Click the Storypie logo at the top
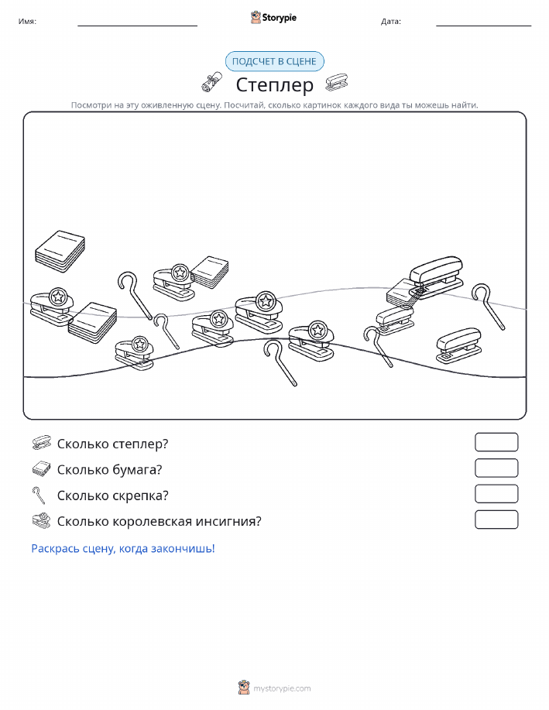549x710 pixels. [273, 18]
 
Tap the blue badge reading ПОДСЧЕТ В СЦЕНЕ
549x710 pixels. [274, 62]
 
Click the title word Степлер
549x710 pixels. [274, 84]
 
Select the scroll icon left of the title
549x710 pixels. [212, 82]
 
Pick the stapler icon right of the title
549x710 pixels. [337, 82]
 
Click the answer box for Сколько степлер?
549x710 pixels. [496, 442]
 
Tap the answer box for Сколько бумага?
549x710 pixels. [496, 468]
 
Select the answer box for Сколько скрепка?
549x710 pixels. [496, 494]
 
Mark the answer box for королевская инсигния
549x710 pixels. [496, 520]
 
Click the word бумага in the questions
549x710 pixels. [137, 470]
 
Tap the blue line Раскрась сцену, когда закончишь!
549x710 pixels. [123, 548]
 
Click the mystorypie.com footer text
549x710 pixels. [282, 688]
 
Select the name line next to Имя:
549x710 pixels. [137, 26]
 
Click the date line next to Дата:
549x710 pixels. [483, 26]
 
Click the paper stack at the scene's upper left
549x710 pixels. [60, 252]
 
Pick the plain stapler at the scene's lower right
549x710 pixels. [458, 345]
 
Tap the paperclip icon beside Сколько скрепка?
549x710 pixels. [39, 495]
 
